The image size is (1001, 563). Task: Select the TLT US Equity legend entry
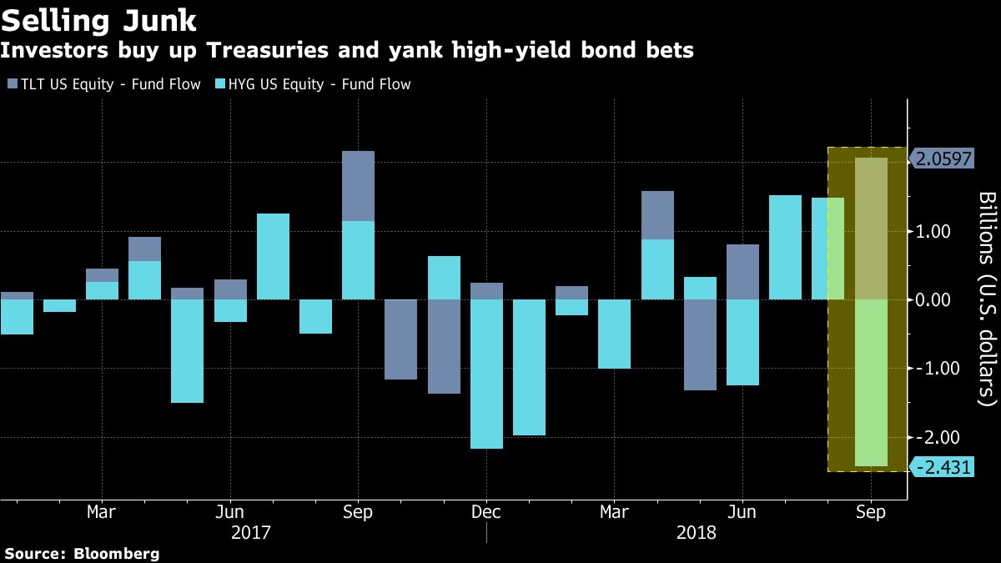pos(103,84)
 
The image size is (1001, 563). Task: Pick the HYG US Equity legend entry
pos(313,84)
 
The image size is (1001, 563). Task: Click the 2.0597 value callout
pos(943,158)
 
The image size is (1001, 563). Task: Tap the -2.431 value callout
pos(943,467)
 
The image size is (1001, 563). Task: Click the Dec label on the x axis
pos(486,511)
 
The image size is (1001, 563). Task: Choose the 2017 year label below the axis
pos(250,531)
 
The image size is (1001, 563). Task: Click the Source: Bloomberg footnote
pos(81,553)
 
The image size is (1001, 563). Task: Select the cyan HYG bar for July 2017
pos(273,256)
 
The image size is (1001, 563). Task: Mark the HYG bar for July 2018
pos(785,247)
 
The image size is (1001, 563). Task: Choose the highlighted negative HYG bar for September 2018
pos(871,383)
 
